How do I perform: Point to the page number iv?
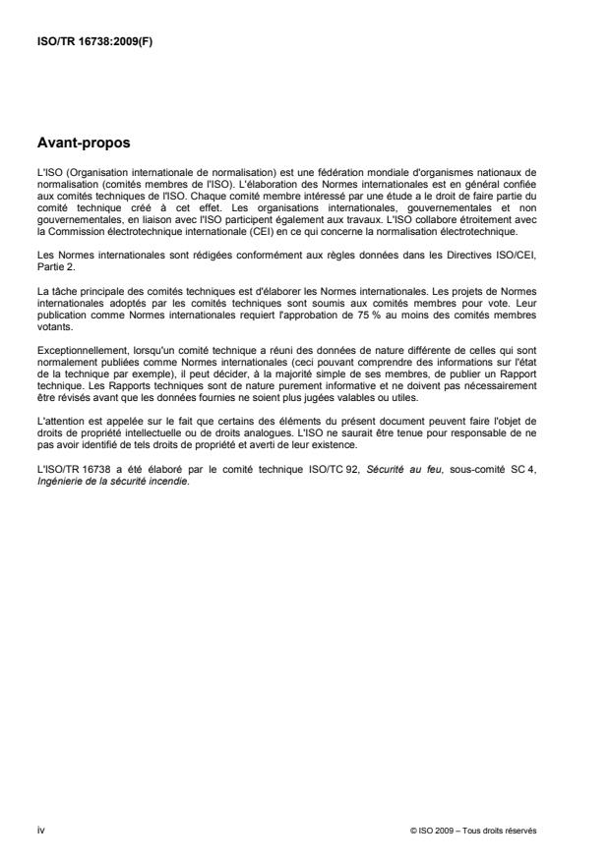click(40, 830)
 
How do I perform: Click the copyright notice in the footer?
click(473, 831)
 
